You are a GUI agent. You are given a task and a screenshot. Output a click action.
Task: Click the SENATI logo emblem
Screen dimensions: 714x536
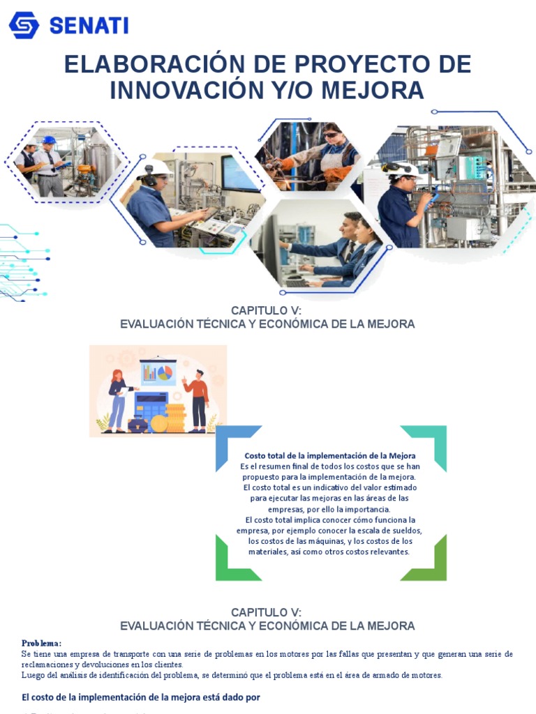(x=24, y=25)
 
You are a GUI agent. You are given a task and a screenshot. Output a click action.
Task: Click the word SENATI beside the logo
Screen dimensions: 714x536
(x=89, y=26)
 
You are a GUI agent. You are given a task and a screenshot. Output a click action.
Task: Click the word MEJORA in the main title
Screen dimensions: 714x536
(x=376, y=90)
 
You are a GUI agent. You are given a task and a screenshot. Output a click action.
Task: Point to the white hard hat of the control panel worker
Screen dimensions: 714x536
(x=157, y=167)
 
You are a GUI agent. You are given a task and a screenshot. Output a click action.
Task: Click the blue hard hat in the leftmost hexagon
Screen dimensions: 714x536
(x=48, y=140)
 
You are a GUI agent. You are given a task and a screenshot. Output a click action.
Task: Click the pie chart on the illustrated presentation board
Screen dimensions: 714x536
(x=165, y=373)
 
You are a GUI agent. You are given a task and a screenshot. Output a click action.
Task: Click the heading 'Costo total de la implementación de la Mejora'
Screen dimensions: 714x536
(x=330, y=455)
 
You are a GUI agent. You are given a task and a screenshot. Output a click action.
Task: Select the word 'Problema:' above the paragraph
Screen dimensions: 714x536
(x=42, y=643)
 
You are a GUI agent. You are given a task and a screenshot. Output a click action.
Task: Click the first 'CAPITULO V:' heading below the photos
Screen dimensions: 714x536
(x=267, y=310)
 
